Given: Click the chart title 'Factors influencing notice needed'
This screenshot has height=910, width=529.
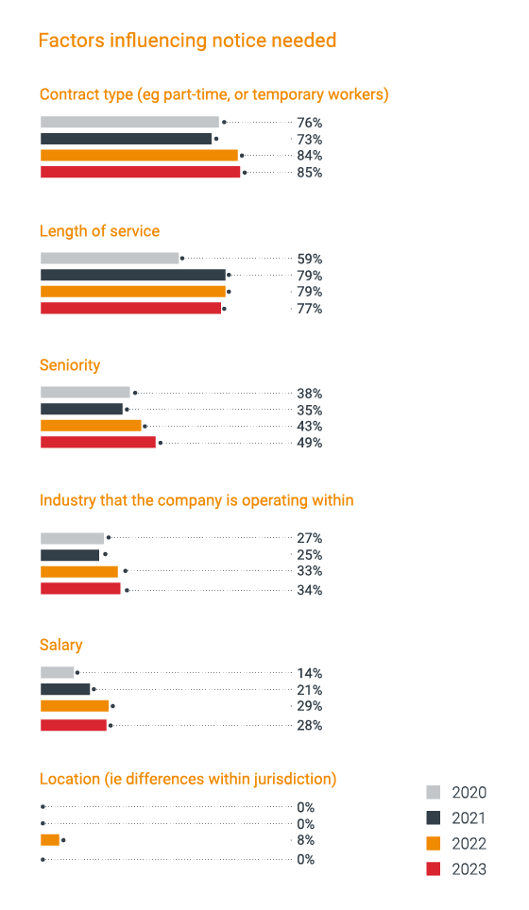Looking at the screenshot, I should (187, 41).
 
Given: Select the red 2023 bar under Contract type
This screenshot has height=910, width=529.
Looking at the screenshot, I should (140, 172).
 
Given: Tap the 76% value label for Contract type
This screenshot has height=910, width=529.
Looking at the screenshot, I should (309, 123).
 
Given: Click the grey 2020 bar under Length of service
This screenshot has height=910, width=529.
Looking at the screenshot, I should (110, 258).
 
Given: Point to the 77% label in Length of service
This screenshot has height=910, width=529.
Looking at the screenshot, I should (309, 309).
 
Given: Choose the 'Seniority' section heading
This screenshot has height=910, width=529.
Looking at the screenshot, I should (70, 365).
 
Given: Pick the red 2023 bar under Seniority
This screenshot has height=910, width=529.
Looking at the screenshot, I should (98, 442).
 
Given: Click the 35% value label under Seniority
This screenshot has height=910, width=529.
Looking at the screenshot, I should (309, 411).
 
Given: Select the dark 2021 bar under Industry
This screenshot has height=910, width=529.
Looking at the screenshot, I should (70, 555).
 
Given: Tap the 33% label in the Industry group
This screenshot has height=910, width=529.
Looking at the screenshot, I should (309, 571).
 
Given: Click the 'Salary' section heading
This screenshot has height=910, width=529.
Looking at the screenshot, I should (60, 645).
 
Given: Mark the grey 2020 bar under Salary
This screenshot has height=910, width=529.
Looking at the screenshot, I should (57, 672).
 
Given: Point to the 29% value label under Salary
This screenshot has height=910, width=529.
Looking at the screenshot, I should (309, 706).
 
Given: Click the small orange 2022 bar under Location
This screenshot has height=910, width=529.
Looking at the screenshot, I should (49, 839).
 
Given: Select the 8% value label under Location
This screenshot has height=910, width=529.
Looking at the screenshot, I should (305, 840).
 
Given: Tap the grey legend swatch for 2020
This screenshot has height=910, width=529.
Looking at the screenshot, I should (434, 793).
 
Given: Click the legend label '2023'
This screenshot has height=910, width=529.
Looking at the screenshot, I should (469, 869).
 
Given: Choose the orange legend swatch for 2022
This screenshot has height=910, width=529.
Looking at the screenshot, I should (434, 844).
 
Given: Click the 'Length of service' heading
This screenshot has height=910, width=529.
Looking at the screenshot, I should (99, 231).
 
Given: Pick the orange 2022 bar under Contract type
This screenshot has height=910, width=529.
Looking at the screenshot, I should (139, 155).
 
